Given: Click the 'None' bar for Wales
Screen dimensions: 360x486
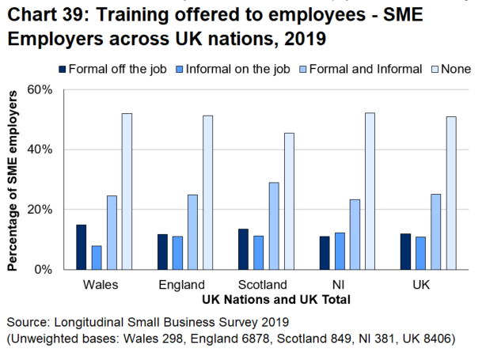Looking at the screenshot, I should (x=127, y=191).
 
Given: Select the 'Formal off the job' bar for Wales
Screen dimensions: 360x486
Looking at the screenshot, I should (x=81, y=247).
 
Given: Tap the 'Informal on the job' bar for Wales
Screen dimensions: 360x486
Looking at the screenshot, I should (x=97, y=257).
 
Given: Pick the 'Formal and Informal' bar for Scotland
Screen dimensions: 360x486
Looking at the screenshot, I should (x=274, y=225).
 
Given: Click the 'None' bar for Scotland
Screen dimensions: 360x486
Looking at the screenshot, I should (x=289, y=201).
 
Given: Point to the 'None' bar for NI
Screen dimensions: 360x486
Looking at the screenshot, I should (x=370, y=191).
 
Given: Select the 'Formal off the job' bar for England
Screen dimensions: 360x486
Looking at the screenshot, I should (x=162, y=252).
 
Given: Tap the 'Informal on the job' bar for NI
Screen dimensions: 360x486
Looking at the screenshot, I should (x=340, y=251).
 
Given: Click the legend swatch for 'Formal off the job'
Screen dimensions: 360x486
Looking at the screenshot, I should (x=63, y=69).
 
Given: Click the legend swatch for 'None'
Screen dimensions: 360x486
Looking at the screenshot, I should (x=431, y=69).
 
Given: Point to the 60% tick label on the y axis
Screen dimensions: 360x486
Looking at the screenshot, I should (x=40, y=89).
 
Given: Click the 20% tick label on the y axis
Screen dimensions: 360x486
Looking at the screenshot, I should (x=40, y=210).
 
